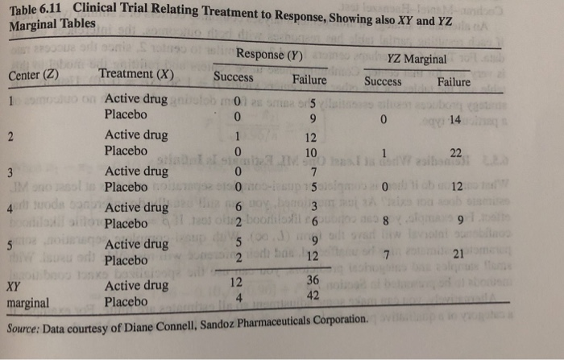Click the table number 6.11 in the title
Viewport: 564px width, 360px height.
pos(53,10)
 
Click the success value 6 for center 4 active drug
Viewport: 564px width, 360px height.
pos(238,208)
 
